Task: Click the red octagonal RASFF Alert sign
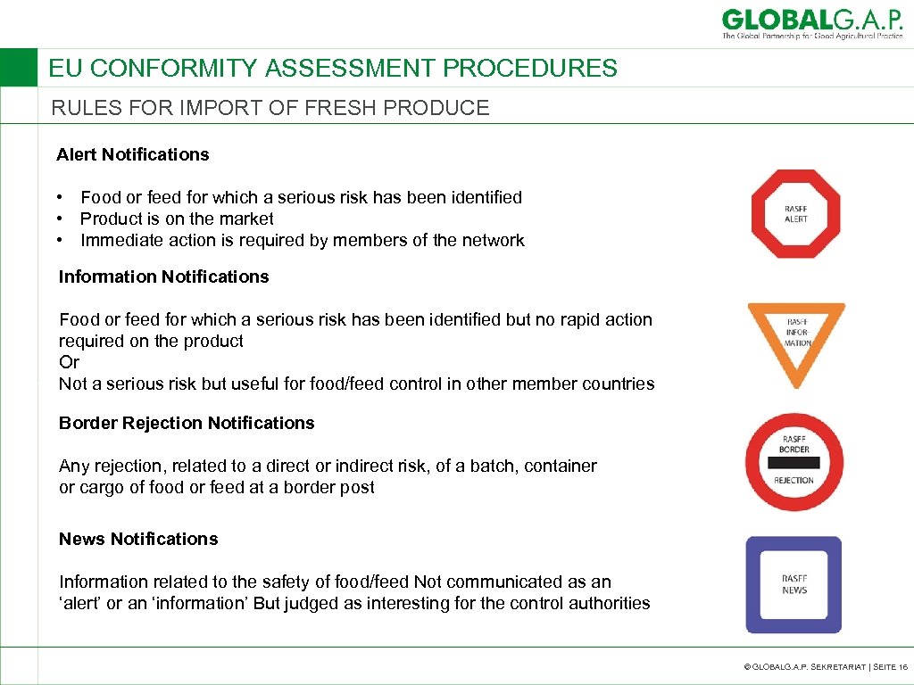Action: (x=795, y=214)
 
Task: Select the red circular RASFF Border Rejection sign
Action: (x=794, y=462)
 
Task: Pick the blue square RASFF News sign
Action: (x=794, y=584)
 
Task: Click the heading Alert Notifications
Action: (x=132, y=154)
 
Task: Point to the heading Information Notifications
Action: (x=163, y=276)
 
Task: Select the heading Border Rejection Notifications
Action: (x=187, y=423)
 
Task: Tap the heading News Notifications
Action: (x=138, y=539)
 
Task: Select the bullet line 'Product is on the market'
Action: (x=177, y=219)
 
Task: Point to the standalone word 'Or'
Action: (x=69, y=362)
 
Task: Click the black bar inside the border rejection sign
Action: (x=794, y=464)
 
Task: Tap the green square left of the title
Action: (x=19, y=68)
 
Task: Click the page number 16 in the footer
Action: (x=902, y=666)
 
